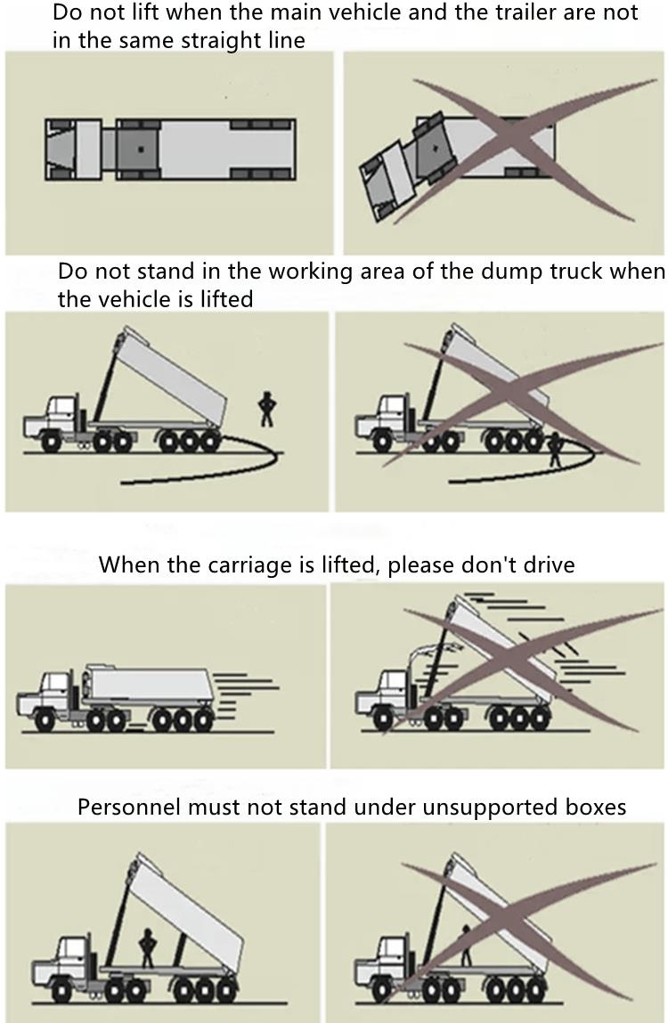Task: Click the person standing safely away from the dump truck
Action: [265, 409]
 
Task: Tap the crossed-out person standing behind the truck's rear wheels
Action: [556, 450]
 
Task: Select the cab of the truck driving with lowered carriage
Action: [55, 691]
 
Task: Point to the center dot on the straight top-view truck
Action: [140, 148]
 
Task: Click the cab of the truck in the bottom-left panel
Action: [70, 957]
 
